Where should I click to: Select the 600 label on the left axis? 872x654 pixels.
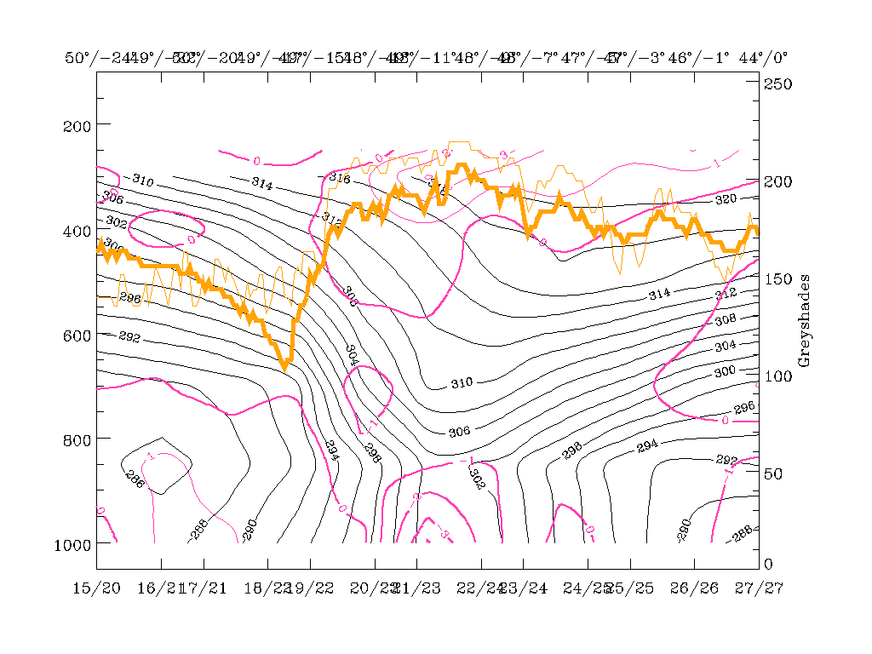78,336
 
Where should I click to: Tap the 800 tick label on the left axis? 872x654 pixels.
78,439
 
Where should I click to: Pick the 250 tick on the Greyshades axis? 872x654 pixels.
777,84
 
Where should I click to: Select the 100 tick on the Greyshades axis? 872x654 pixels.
777,376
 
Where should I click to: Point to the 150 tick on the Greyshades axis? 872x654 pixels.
777,278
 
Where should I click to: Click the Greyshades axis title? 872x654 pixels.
805,321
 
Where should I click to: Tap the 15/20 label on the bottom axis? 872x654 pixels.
96,588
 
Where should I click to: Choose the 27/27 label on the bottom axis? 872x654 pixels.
758,588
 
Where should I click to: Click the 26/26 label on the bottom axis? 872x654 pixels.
694,588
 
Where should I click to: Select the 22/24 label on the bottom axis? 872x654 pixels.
480,588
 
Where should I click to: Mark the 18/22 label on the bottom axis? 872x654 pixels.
267,588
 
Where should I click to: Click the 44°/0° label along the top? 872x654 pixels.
763,58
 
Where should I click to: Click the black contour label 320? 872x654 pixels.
726,199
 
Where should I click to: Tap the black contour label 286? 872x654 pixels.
135,479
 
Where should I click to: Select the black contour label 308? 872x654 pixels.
725,320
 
